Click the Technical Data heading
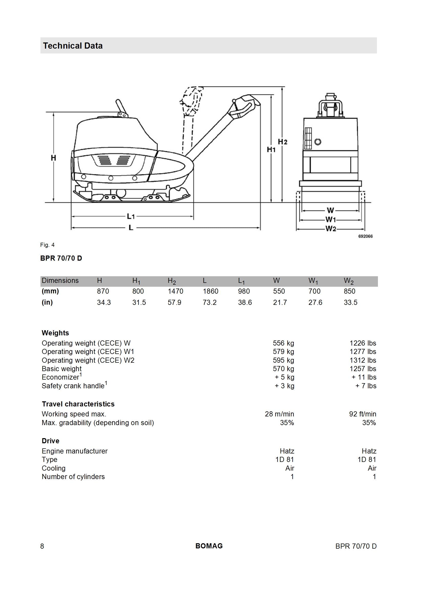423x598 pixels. pyautogui.click(x=73, y=46)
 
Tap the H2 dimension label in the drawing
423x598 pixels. pyautogui.click(x=283, y=142)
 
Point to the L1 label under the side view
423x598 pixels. pyautogui.click(x=131, y=216)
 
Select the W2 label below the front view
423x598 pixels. pyautogui.click(x=331, y=229)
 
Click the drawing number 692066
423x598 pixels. pyautogui.click(x=365, y=236)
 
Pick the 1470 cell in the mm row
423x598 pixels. pyautogui.click(x=175, y=291)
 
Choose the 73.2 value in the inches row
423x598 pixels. pyautogui.click(x=210, y=302)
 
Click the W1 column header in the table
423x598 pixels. pyautogui.click(x=313, y=281)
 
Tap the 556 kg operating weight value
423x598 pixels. pyautogui.click(x=283, y=343)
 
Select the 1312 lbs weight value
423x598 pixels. pyautogui.click(x=363, y=360)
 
